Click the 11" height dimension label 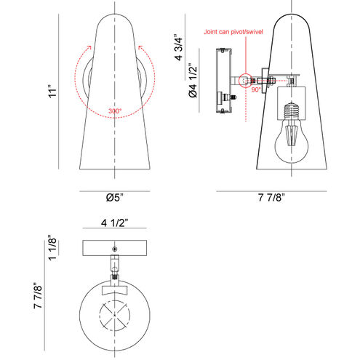[x=52, y=91]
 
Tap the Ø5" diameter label [x=114, y=198]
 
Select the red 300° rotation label [x=115, y=111]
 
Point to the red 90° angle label [x=255, y=89]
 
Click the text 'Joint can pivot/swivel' [x=233, y=32]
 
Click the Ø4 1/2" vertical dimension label [x=193, y=80]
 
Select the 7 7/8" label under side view [x=271, y=198]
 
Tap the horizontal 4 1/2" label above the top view [x=114, y=223]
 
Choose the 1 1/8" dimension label [x=52, y=247]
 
